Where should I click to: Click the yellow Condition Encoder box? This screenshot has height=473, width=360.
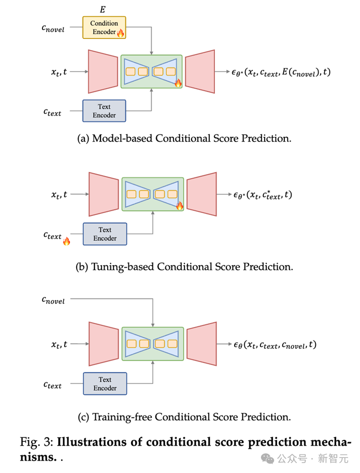pyautogui.click(x=104, y=27)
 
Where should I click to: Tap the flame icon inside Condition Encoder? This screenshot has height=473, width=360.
pyautogui.click(x=120, y=33)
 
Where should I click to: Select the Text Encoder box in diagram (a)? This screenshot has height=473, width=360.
pyautogui.click(x=104, y=111)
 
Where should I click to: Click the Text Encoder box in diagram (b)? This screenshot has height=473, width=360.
pyautogui.click(x=105, y=234)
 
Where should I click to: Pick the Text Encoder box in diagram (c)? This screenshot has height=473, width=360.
pyautogui.click(x=105, y=383)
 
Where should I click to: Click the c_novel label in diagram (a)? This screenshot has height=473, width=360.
pyautogui.click(x=53, y=29)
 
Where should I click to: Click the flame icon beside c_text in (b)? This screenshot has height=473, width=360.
pyautogui.click(x=66, y=241)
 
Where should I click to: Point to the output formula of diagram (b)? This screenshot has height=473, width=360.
pyautogui.click(x=263, y=195)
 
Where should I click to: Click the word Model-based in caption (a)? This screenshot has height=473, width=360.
pyautogui.click(x=119, y=138)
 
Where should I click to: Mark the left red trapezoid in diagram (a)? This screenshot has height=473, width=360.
pyautogui.click(x=103, y=71)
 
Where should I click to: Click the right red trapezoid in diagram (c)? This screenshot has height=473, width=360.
pyautogui.click(x=201, y=344)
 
